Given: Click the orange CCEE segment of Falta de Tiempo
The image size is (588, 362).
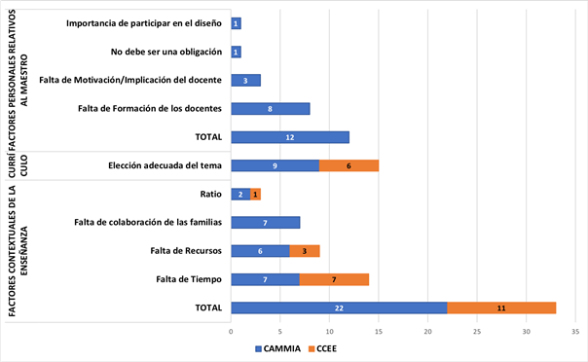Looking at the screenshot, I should (x=334, y=279).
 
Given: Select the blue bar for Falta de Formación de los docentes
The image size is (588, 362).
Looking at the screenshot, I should (x=270, y=109).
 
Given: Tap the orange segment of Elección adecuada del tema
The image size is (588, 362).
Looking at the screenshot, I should (x=349, y=165).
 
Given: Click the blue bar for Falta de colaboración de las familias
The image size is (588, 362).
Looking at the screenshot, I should (x=265, y=223).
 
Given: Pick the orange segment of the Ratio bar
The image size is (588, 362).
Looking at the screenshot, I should (x=255, y=195).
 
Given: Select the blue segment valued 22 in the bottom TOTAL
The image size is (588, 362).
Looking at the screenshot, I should (x=339, y=308).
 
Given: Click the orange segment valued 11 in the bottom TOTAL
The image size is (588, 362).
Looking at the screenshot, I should (x=501, y=308).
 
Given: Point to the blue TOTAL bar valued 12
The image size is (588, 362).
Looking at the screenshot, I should (x=290, y=137).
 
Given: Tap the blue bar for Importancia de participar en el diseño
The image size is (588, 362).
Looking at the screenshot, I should (x=236, y=23).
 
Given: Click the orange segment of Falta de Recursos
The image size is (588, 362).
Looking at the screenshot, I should (x=305, y=251).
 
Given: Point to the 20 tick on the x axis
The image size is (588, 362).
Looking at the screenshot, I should (x=427, y=331).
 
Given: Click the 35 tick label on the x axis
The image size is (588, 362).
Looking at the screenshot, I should (x=574, y=331).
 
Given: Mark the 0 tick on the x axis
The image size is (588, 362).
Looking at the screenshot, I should (x=231, y=331).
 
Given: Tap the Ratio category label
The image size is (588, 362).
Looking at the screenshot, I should (x=209, y=195).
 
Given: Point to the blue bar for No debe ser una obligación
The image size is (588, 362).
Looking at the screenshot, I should (x=236, y=52).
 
